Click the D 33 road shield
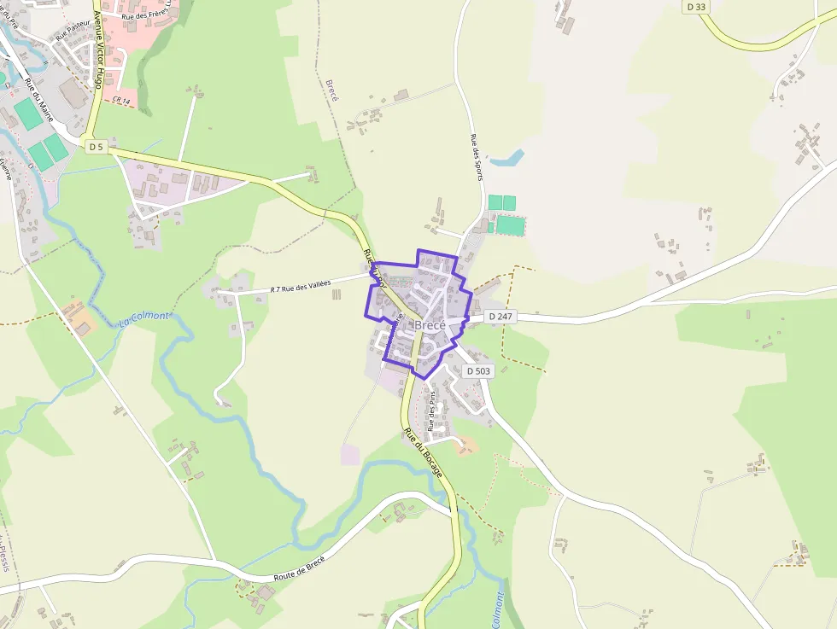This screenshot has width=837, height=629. point(697,7)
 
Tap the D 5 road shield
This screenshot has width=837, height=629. point(96,147)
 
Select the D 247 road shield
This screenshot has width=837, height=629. point(502,317)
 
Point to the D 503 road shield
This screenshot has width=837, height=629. point(479,371)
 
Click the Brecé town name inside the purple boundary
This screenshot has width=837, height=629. point(430,326)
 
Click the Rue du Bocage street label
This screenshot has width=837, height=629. point(424,452)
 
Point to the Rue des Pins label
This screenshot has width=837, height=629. point(433,411)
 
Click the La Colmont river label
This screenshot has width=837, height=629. point(144,319)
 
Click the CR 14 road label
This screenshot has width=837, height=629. point(121,101)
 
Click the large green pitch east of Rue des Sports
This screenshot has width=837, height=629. point(510,225)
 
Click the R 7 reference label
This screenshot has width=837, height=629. point(274,290)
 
